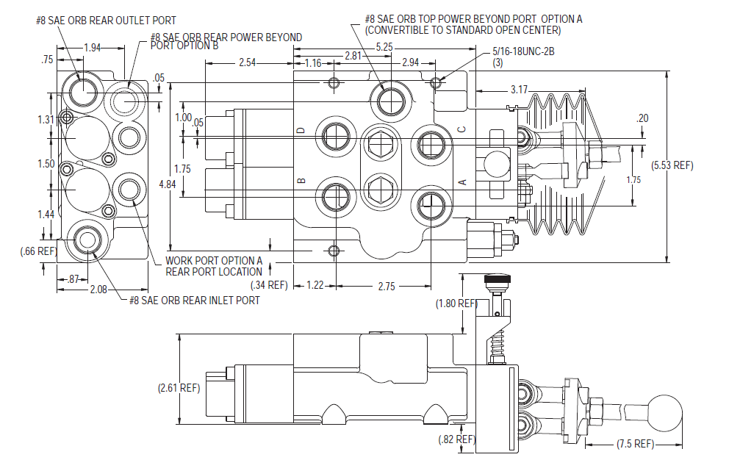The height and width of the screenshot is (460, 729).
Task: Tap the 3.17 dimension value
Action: pos(520,90)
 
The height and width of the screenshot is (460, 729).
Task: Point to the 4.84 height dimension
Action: pos(169,184)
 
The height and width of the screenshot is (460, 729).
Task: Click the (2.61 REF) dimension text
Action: pos(179,387)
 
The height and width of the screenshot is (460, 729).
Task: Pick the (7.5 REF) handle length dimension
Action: pos(633,444)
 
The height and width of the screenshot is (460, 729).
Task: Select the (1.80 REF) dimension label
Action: pos(456,303)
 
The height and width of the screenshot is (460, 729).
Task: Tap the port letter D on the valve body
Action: pos(300,131)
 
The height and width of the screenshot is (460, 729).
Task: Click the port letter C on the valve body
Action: pos(462,130)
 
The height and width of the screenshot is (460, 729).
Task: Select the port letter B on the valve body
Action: pos(300,180)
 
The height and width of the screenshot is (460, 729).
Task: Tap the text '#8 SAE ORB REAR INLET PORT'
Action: pos(194,300)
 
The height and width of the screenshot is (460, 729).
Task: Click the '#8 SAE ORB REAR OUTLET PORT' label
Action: pos(106,20)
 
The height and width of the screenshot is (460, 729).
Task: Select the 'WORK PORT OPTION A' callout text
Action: pos(214,260)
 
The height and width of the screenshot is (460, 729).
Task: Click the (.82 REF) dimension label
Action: pos(456,439)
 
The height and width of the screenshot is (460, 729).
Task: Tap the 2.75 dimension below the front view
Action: pos(386,285)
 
